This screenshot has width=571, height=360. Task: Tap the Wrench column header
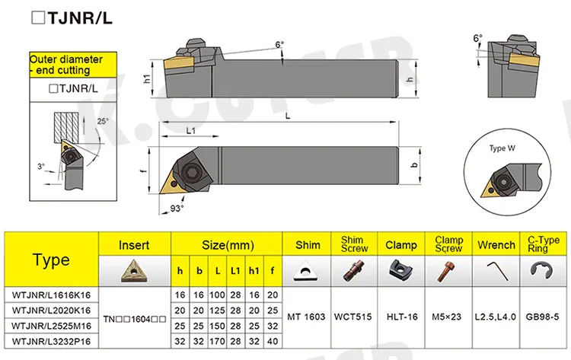(x=496, y=245)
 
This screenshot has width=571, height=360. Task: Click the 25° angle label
(x=103, y=121)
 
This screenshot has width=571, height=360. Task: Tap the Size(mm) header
(x=227, y=245)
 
